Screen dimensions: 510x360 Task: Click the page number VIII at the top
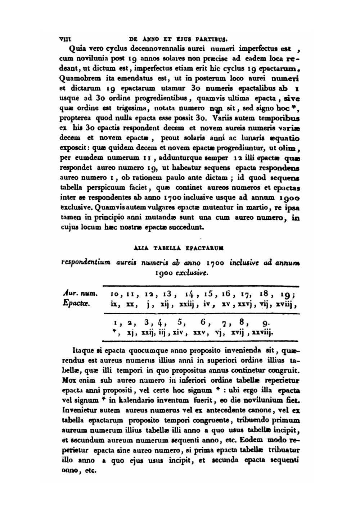click(65, 37)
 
